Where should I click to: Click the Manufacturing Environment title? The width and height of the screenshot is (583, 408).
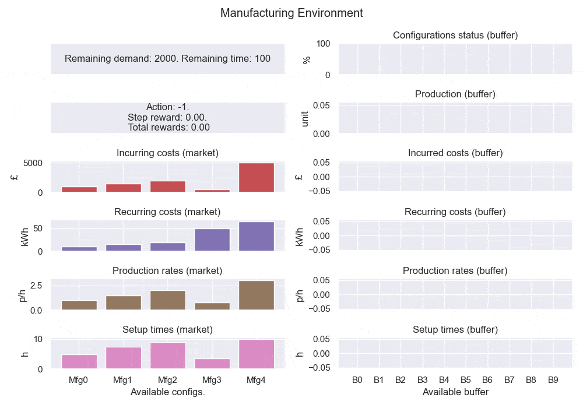291,13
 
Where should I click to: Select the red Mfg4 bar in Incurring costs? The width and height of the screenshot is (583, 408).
257,177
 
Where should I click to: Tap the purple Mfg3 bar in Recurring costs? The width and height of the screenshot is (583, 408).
212,240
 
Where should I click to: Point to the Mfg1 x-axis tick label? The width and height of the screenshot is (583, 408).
124,380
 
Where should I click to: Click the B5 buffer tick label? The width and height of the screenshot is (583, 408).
465,380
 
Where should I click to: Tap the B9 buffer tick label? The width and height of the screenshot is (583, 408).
553,380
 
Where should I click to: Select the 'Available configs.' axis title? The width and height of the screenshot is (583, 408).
168,392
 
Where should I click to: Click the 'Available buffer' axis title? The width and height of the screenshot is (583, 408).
455,392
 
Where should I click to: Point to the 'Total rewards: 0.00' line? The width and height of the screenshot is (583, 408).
168,127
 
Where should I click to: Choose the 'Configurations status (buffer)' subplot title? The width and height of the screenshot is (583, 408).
455,36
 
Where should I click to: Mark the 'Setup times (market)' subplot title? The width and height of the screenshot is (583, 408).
168,330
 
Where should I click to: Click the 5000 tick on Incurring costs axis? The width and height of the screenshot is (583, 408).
33,163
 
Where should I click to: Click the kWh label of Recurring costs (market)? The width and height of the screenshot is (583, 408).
24,235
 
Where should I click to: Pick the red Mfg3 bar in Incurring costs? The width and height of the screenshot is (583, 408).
212,191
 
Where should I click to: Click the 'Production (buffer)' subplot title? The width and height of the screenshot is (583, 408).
455,94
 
